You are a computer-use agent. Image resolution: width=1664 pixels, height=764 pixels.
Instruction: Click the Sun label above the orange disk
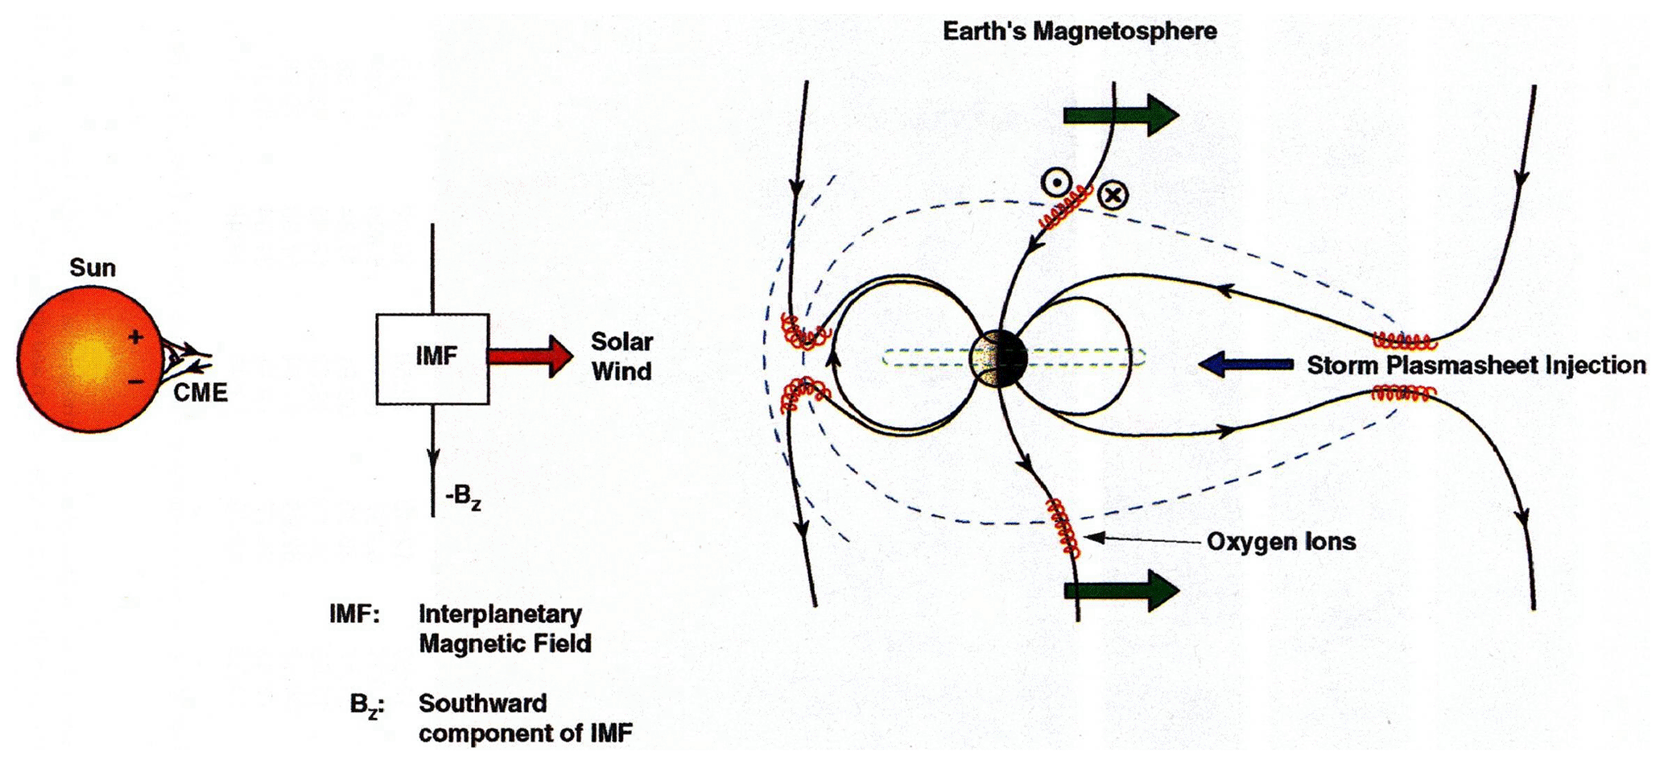pos(93,267)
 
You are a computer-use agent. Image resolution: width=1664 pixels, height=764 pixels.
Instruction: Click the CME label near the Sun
pos(200,393)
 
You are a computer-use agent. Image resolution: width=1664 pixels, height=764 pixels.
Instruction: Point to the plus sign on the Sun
pos(136,337)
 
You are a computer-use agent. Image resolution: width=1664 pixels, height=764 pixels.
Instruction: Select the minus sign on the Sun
pos(137,381)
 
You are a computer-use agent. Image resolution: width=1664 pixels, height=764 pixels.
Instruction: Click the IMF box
pos(432,359)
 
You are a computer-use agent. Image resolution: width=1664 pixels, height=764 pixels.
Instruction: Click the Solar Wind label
pos(621,356)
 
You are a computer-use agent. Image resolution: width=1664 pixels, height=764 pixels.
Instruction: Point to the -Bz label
pos(463,497)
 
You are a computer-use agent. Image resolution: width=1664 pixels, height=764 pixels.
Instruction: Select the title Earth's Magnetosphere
pos(1080,31)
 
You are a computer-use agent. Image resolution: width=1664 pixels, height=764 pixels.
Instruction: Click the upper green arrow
pos(1121,115)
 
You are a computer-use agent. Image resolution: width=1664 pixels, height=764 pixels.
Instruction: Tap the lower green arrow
pos(1121,590)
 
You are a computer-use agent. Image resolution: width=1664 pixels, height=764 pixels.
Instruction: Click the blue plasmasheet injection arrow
pos(1245,364)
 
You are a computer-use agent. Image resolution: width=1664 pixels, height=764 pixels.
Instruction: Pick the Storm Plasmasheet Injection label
pos(1476,365)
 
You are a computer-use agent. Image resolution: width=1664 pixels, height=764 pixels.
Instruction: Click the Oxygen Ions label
pos(1281,542)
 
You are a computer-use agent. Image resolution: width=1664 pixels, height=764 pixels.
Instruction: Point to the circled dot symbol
pos(1055,183)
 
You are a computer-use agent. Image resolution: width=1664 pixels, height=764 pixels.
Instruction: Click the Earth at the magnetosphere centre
pos(998,358)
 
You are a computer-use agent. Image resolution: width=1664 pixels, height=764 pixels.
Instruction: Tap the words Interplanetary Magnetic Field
pos(505,629)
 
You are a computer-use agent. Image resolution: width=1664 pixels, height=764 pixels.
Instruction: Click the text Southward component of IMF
pos(525,718)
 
